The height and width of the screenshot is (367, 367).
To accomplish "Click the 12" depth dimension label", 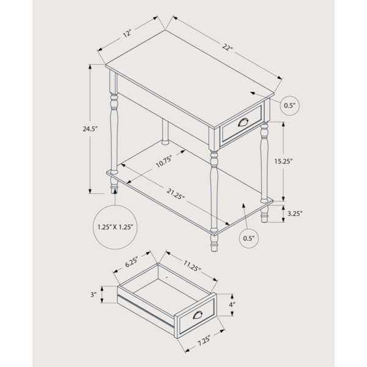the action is tap(127, 34).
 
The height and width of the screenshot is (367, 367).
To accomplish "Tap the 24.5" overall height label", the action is tap(90, 128).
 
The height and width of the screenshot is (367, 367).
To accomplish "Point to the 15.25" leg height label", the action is tap(284, 161).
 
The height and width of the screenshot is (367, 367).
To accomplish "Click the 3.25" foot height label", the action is tap(295, 213).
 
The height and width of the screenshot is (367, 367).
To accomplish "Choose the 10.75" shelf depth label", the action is tap(164, 161).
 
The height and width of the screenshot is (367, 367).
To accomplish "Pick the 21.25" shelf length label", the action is tap(176, 194).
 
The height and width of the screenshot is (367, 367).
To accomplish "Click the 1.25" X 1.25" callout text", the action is tap(116, 227).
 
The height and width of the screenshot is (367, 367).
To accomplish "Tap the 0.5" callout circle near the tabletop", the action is tap(290, 105).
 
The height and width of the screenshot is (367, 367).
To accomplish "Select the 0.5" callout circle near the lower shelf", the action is tap(249, 239).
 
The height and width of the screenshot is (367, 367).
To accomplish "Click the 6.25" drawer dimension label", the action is tap(132, 261).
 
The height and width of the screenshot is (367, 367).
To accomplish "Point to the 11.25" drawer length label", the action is tap(192, 266).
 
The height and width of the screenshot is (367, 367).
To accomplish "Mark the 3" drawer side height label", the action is tap(94, 294).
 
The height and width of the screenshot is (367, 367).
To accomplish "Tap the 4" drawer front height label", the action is tap(232, 304).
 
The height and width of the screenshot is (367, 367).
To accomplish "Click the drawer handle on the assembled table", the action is tap(243, 122).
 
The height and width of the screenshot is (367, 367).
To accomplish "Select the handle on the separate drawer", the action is tap(198, 315).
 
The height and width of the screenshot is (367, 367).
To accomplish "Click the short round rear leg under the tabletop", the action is tap(165, 132).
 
